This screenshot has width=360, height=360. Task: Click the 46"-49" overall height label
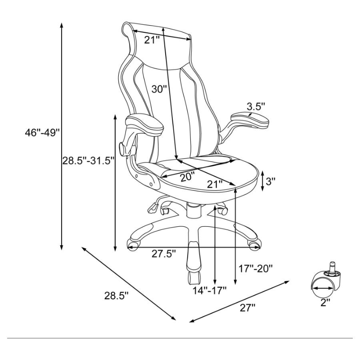(x=42, y=132)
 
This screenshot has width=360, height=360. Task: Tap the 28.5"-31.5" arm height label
(x=88, y=161)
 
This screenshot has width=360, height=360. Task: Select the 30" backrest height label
(x=159, y=89)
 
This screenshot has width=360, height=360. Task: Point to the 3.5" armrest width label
(x=256, y=107)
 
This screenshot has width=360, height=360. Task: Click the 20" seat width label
(x=187, y=177)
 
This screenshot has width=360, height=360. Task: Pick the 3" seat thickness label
(x=270, y=182)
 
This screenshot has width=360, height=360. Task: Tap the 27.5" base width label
(x=164, y=254)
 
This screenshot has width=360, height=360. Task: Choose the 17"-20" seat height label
(x=256, y=268)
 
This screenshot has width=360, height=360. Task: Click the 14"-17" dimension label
(x=210, y=290)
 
